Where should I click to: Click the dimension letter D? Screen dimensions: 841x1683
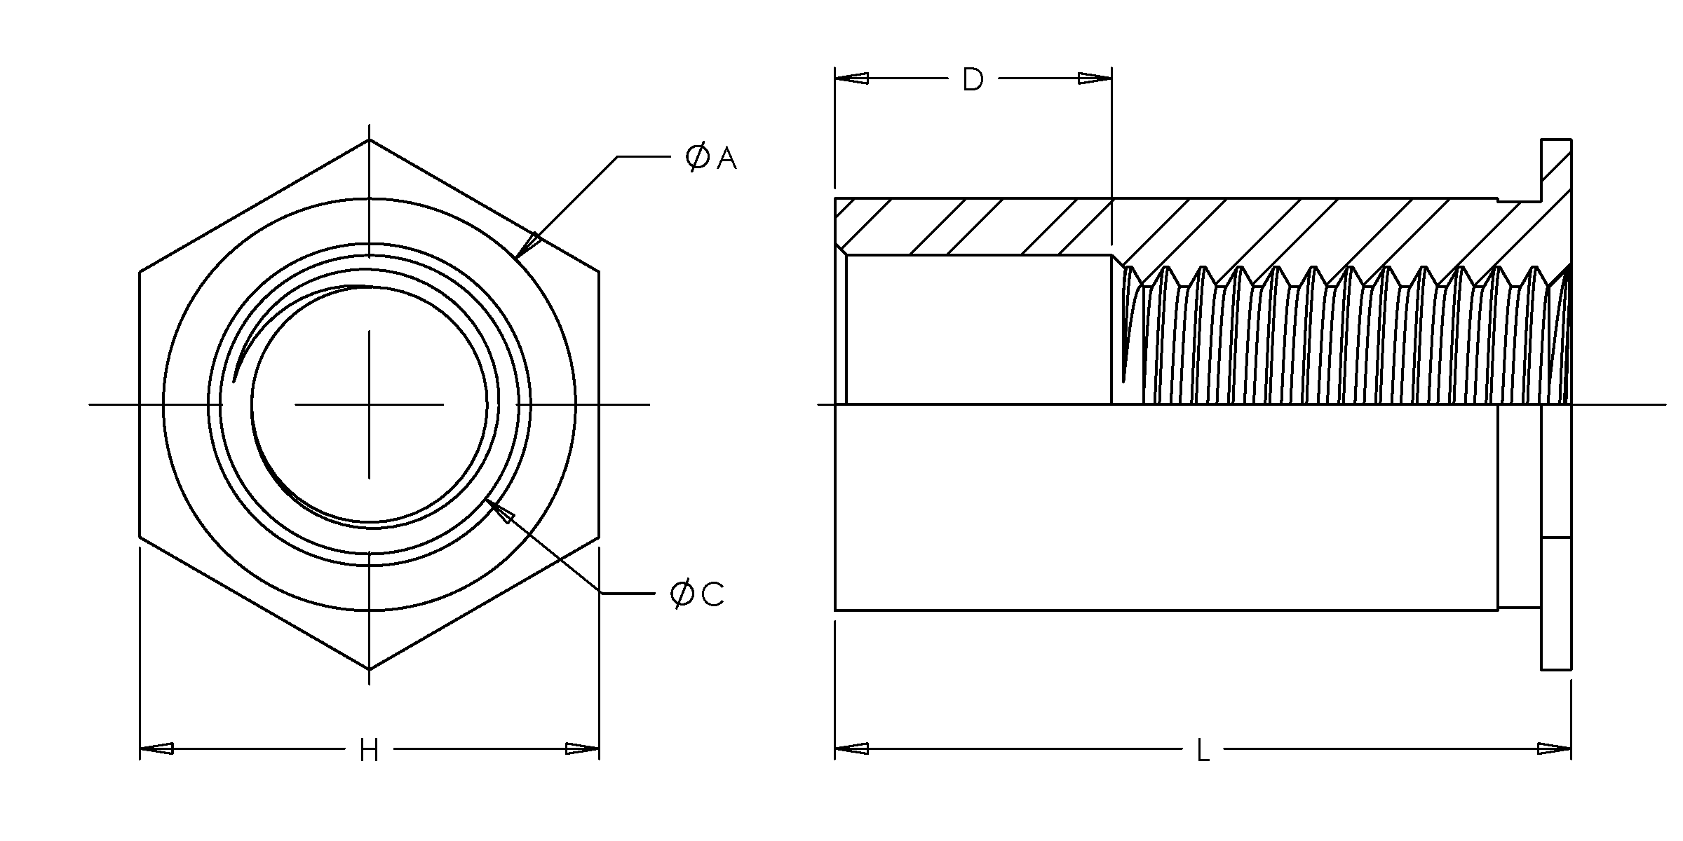[x=973, y=80]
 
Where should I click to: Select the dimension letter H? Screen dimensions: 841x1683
[x=369, y=751]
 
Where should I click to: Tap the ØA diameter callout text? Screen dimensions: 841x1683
[x=711, y=158]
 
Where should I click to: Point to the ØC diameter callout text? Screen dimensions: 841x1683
[x=697, y=594]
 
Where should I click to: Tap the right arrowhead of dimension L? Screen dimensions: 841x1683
[x=1554, y=748]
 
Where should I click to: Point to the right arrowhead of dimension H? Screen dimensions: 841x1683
[x=582, y=748]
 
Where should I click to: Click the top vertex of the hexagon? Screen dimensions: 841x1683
[x=370, y=139]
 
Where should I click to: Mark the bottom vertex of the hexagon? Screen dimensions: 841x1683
[x=370, y=669]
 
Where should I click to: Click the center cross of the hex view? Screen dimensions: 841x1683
[x=370, y=404]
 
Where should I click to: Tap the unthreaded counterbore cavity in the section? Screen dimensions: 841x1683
[x=978, y=329]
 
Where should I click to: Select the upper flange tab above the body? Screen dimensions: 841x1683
[x=1555, y=168]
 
